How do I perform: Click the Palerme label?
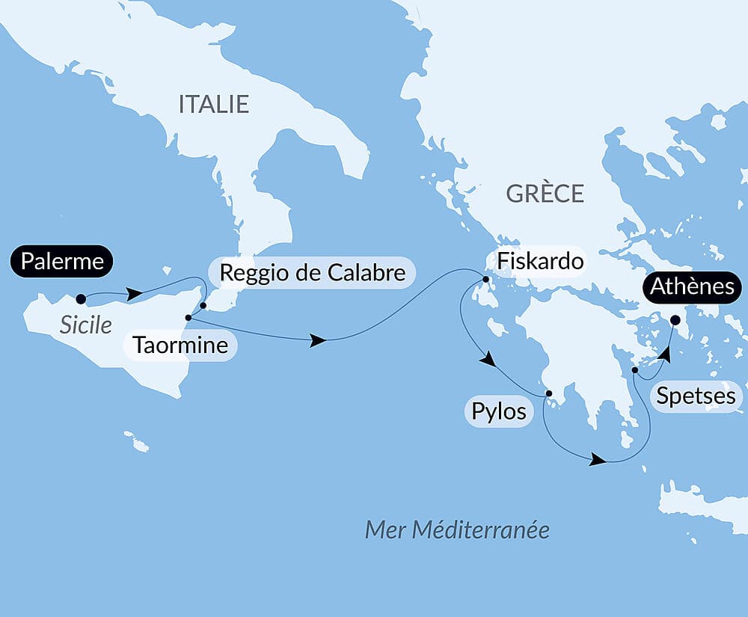point(61,262)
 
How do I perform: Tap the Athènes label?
point(692,286)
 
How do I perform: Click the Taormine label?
point(180,346)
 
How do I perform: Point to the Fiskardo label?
point(535,262)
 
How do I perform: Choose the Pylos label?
point(499,411)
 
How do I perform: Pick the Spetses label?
point(696,396)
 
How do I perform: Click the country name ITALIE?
point(213,105)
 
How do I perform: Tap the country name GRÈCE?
point(545,194)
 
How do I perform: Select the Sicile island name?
point(86,325)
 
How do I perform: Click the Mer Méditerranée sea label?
point(457,530)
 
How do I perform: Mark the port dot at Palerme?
point(81,299)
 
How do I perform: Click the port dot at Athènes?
point(675,320)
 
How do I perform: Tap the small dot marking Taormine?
point(188,318)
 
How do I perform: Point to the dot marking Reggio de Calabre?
point(203,305)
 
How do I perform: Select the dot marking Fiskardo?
point(485,280)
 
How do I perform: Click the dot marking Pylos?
point(548,393)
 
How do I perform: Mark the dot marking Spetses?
point(634,369)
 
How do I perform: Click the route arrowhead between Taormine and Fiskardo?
point(318,341)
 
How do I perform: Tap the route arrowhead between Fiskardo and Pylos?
point(487,360)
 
